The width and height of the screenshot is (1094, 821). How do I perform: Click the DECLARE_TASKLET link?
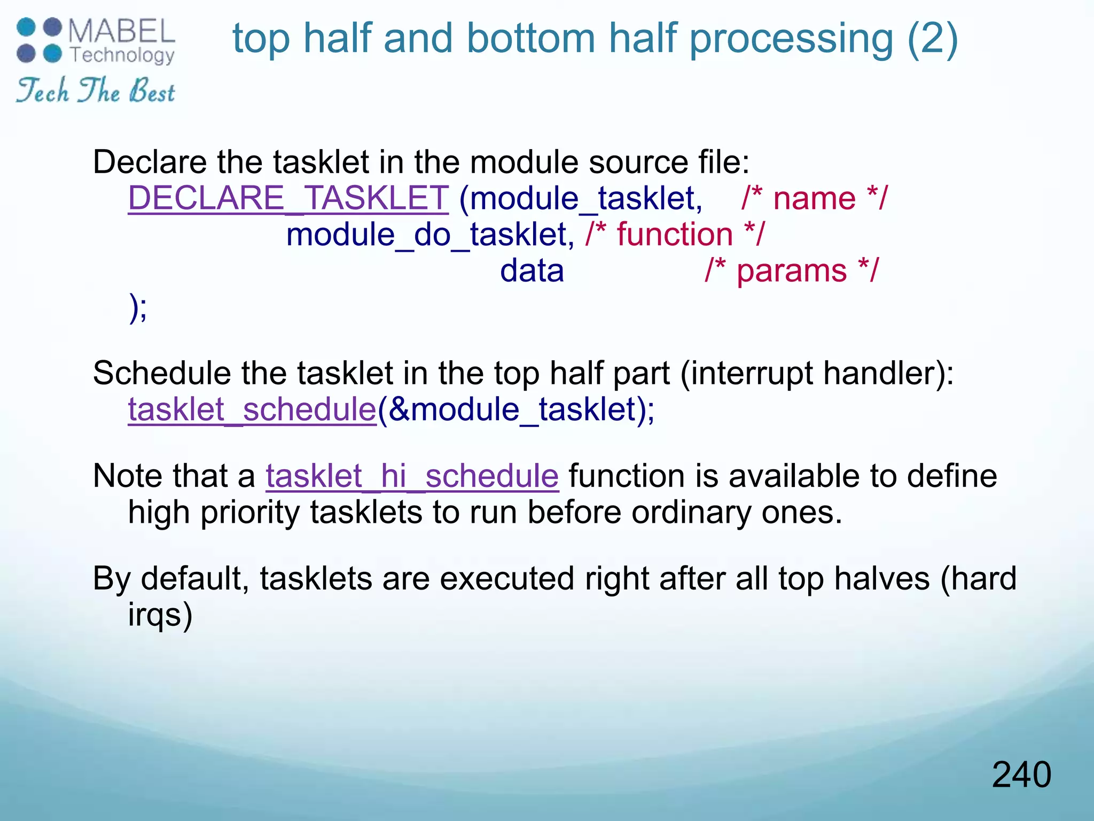coord(288,198)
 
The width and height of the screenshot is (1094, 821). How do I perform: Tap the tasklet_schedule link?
coord(252,410)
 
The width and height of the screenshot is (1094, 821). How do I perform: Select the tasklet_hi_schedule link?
coord(412,476)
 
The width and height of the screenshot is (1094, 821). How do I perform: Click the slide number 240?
coord(1021,774)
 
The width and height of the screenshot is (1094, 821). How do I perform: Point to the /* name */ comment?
coord(814,198)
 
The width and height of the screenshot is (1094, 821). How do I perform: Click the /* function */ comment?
coord(675,235)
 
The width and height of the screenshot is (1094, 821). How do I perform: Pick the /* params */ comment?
coord(791,270)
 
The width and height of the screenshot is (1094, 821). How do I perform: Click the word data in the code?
coord(532,270)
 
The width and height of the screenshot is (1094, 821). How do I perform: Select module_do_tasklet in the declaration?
coord(429,235)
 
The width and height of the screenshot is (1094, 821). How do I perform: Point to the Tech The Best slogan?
coord(95,90)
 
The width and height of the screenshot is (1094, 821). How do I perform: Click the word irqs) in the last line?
coord(160,615)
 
